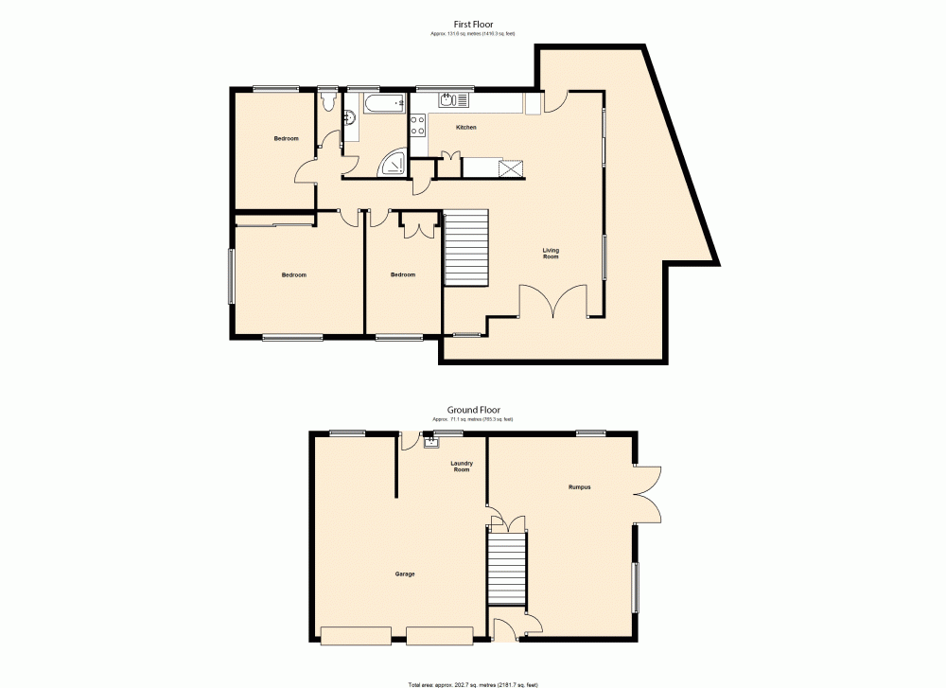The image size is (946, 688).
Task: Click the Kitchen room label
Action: coord(466,127)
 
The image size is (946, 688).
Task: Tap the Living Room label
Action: coord(551,254)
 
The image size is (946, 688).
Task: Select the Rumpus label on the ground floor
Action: coord(580,487)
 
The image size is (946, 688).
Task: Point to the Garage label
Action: coord(405,574)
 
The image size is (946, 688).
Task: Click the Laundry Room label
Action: coord(462,467)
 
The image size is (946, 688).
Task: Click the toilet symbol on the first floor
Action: coord(328,99)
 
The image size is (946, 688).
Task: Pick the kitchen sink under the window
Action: coord(448,99)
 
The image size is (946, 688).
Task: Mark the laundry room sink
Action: coord(431,441)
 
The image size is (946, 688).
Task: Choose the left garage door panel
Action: coord(356,636)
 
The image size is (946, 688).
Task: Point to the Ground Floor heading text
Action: coord(473,411)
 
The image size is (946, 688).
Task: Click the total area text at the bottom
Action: coord(473,683)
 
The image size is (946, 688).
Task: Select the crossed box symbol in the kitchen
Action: coord(512,168)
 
